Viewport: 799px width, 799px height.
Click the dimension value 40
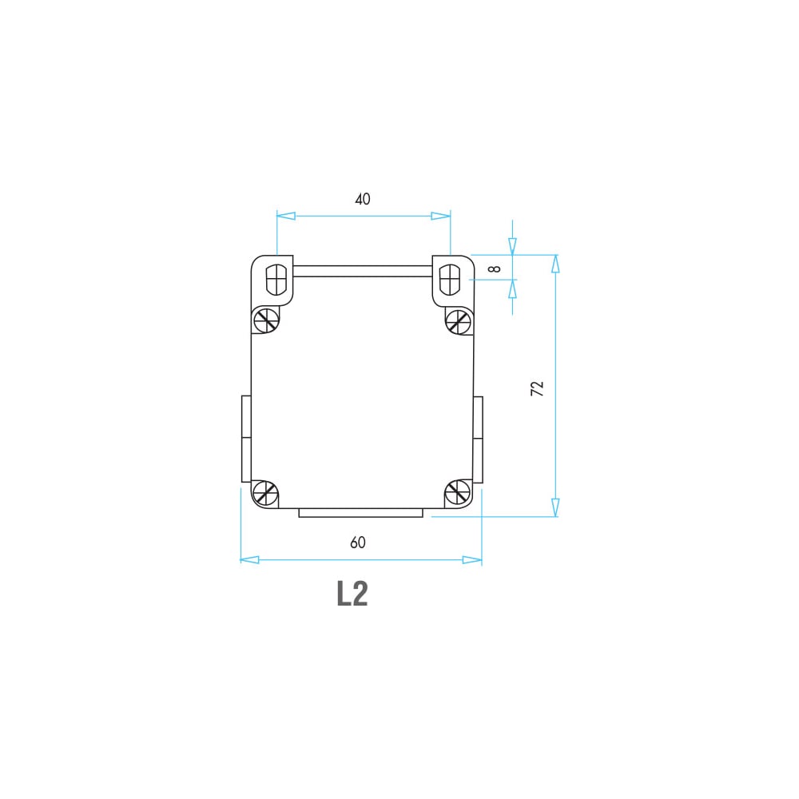362,199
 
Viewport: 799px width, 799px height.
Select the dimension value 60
358,543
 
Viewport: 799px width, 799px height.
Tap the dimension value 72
537,389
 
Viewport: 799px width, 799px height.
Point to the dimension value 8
495,268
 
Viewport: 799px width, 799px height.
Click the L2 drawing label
352,593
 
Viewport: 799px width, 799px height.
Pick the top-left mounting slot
276,279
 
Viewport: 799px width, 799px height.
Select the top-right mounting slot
449,279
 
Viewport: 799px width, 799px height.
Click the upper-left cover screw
266,320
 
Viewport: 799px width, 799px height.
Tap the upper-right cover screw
458,321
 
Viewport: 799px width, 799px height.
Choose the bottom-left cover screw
265,493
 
